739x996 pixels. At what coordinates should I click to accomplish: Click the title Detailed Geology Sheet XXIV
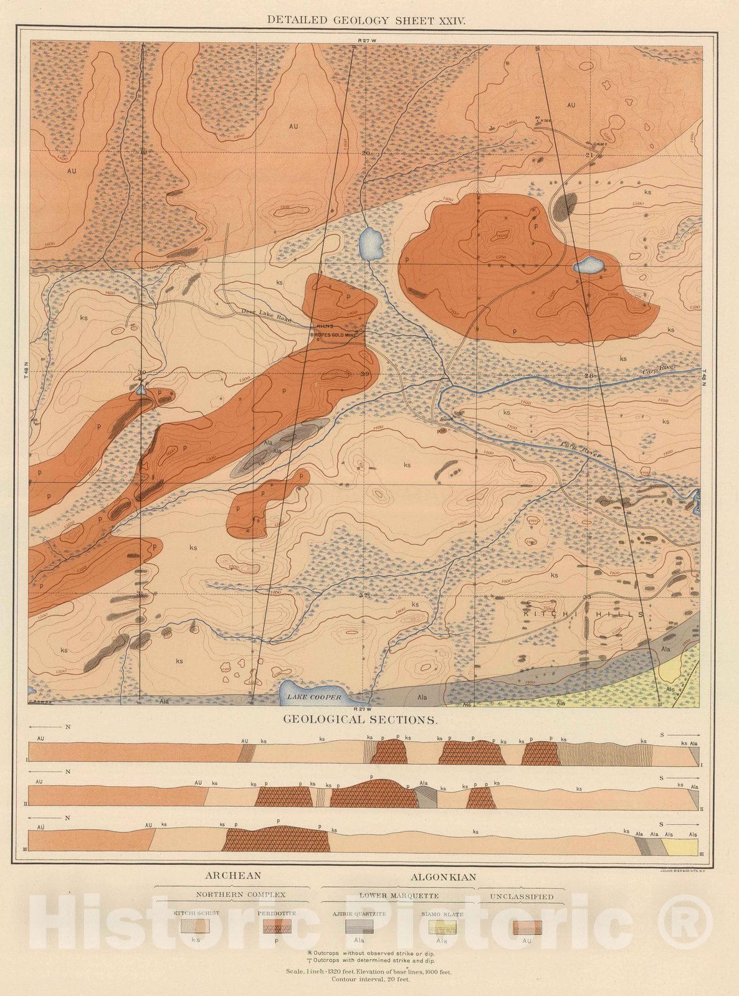coord(366,20)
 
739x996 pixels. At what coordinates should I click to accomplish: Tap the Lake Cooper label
coord(314,697)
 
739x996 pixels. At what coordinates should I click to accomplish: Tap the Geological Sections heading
coord(360,719)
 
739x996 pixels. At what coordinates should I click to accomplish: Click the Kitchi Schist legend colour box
coord(195,926)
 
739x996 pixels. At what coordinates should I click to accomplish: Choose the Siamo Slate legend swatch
coord(442,926)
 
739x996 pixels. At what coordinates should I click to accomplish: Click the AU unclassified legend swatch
coord(527,927)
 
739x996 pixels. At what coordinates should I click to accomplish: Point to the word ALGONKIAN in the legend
coord(443,876)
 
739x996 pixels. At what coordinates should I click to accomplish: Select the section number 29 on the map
coord(365,374)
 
